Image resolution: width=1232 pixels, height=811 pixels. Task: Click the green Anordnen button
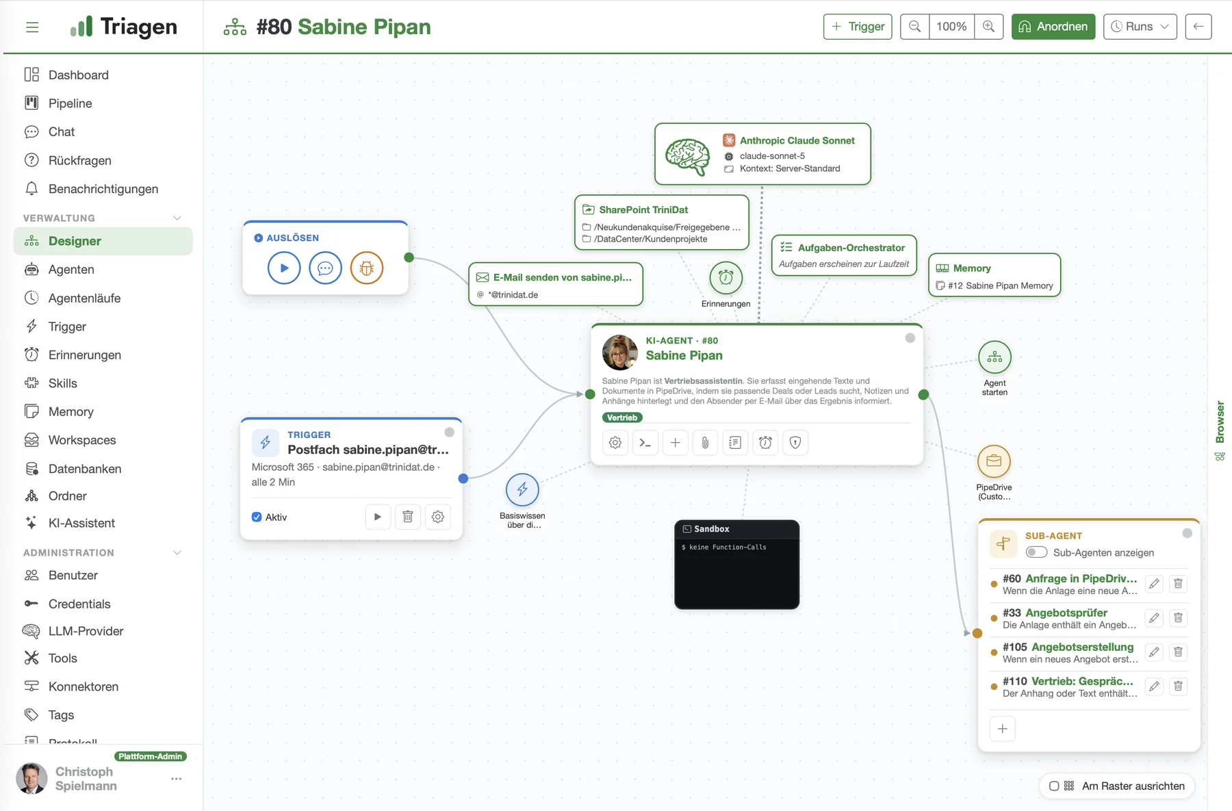[1053, 27]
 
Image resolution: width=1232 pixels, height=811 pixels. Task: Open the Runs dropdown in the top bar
[1140, 27]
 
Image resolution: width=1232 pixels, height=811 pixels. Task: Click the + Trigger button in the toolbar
[858, 27]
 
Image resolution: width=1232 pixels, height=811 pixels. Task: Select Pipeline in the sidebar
[70, 103]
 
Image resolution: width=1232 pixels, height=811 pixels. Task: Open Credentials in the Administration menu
[79, 604]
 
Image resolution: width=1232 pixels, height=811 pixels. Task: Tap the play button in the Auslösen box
[284, 268]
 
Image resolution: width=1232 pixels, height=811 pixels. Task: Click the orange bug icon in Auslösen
[367, 268]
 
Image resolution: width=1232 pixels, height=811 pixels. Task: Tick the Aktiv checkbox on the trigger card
[257, 517]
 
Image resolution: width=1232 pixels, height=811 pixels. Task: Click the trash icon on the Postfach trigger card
[408, 517]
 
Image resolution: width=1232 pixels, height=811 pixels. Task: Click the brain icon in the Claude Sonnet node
[688, 156]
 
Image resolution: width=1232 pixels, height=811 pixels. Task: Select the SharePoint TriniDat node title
[643, 209]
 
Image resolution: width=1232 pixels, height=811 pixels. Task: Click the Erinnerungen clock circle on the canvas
[726, 278]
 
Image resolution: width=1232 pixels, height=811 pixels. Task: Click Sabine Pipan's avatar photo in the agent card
[620, 352]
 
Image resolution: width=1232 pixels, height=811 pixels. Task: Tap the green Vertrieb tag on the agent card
[622, 417]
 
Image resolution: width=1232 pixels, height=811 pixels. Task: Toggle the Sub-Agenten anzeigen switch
[1037, 552]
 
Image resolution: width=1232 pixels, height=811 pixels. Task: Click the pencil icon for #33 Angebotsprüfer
[1155, 618]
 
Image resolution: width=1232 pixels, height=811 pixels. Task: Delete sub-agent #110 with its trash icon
[1179, 686]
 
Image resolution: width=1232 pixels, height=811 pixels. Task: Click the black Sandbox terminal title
[712, 529]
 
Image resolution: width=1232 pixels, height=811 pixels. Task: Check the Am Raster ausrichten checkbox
[1054, 786]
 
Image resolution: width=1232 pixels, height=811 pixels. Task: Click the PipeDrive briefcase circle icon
[994, 461]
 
